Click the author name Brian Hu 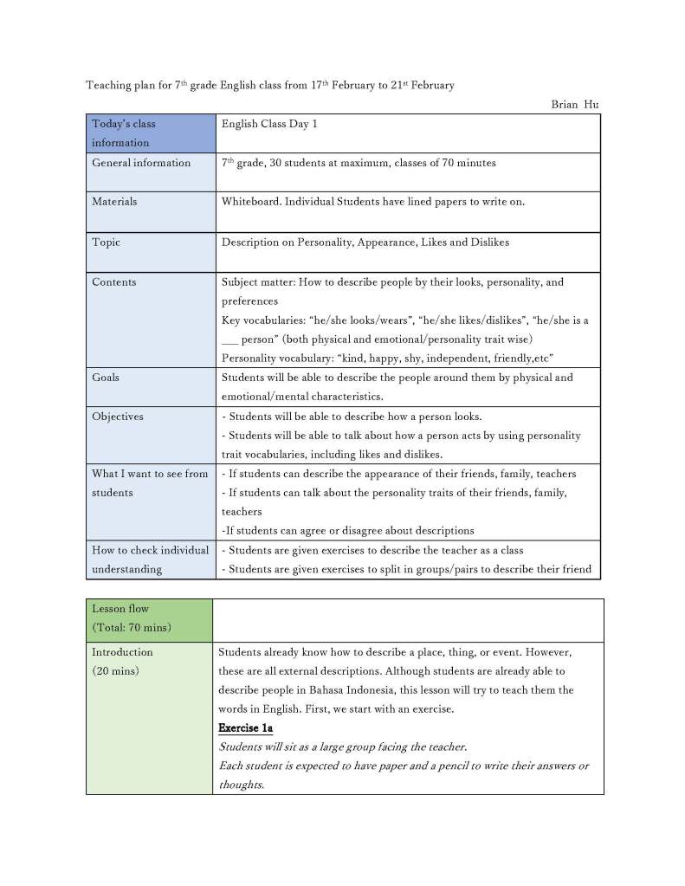pos(574,105)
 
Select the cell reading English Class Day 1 pos(269,124)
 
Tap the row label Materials pos(114,202)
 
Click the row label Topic pos(107,243)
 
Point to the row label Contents pos(114,282)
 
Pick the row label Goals pos(106,378)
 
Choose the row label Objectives pos(118,417)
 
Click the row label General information pos(141,163)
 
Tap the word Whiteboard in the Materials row pos(250,202)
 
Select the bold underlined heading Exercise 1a pos(245,728)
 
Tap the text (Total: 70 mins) pos(132,627)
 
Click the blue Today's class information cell pos(149,133)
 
